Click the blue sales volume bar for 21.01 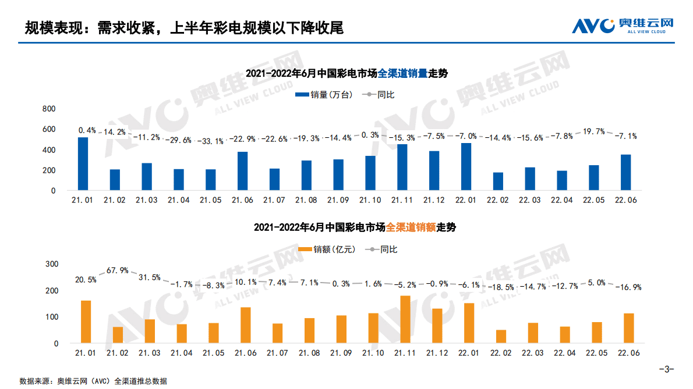(x=83, y=163)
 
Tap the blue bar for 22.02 (x=498, y=181)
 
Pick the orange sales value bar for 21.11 (x=405, y=319)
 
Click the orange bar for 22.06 (x=628, y=329)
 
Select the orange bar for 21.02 (x=118, y=335)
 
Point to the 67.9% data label (x=118, y=270)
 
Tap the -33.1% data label (x=210, y=141)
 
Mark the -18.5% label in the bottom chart (x=501, y=287)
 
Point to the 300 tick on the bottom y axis (x=52, y=264)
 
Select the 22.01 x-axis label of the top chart (x=465, y=200)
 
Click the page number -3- (x=666, y=368)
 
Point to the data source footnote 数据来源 (x=93, y=381)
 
